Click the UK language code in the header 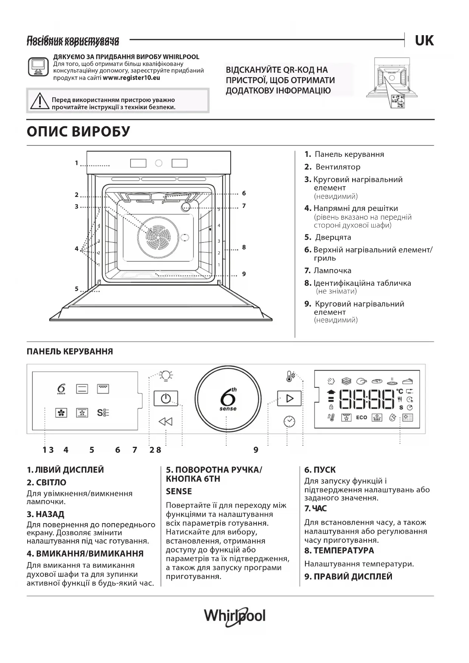(424, 40)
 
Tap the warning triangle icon (38, 101)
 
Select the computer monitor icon (38, 67)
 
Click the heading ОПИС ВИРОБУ (78, 132)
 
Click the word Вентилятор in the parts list (338, 167)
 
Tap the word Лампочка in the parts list (332, 271)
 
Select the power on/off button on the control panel (166, 398)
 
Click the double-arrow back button (166, 421)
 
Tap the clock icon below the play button (289, 421)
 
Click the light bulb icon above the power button (166, 375)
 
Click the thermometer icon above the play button (289, 376)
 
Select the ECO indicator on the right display (361, 417)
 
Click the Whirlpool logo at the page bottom (235, 616)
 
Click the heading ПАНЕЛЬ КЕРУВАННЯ (70, 352)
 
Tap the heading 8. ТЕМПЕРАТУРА (339, 550)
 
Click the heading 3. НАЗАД (45, 514)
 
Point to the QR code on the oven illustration (398, 101)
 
